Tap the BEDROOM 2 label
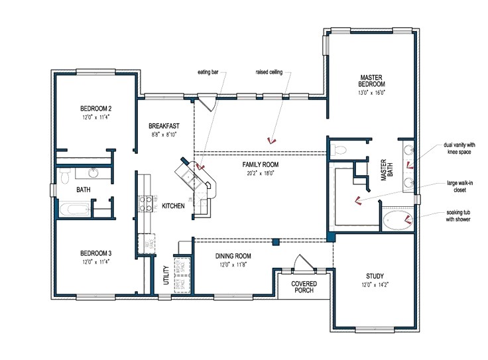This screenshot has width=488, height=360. (95, 108)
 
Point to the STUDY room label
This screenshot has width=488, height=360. (375, 276)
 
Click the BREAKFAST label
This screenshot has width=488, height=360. (164, 125)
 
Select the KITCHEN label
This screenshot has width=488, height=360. (173, 206)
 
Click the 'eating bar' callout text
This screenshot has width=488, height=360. (208, 72)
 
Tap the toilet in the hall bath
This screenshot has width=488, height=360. (65, 176)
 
